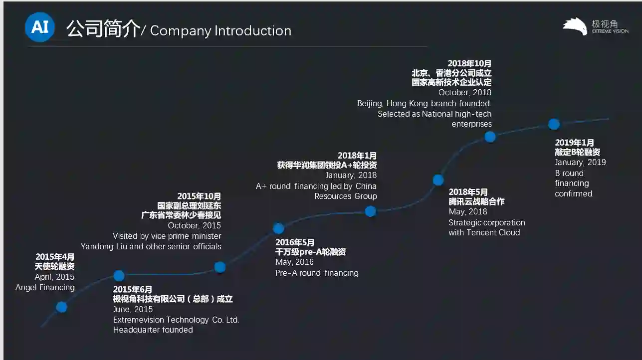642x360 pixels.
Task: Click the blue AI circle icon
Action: coord(40,27)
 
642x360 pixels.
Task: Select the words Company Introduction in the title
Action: coord(220,31)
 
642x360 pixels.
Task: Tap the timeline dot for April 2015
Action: coord(61,307)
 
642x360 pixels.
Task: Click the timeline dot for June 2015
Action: coord(119,275)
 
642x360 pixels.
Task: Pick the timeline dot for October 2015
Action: coord(220,267)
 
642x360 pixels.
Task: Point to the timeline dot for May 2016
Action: coord(278,228)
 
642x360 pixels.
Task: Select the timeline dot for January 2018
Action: coord(370,211)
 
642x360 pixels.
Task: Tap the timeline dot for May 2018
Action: coord(438,180)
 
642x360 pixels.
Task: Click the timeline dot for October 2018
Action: coord(490,137)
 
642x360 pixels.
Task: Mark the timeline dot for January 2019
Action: coord(554,124)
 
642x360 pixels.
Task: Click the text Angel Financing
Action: coord(45,288)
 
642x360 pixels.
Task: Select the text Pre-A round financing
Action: coord(317,273)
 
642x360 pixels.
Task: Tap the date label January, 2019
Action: coord(580,163)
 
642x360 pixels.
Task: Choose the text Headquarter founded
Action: coord(153,330)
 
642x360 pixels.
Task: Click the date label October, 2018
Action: coord(464,93)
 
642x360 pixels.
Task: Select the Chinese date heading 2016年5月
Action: coord(295,242)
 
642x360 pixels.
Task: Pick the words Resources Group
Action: coord(345,196)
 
